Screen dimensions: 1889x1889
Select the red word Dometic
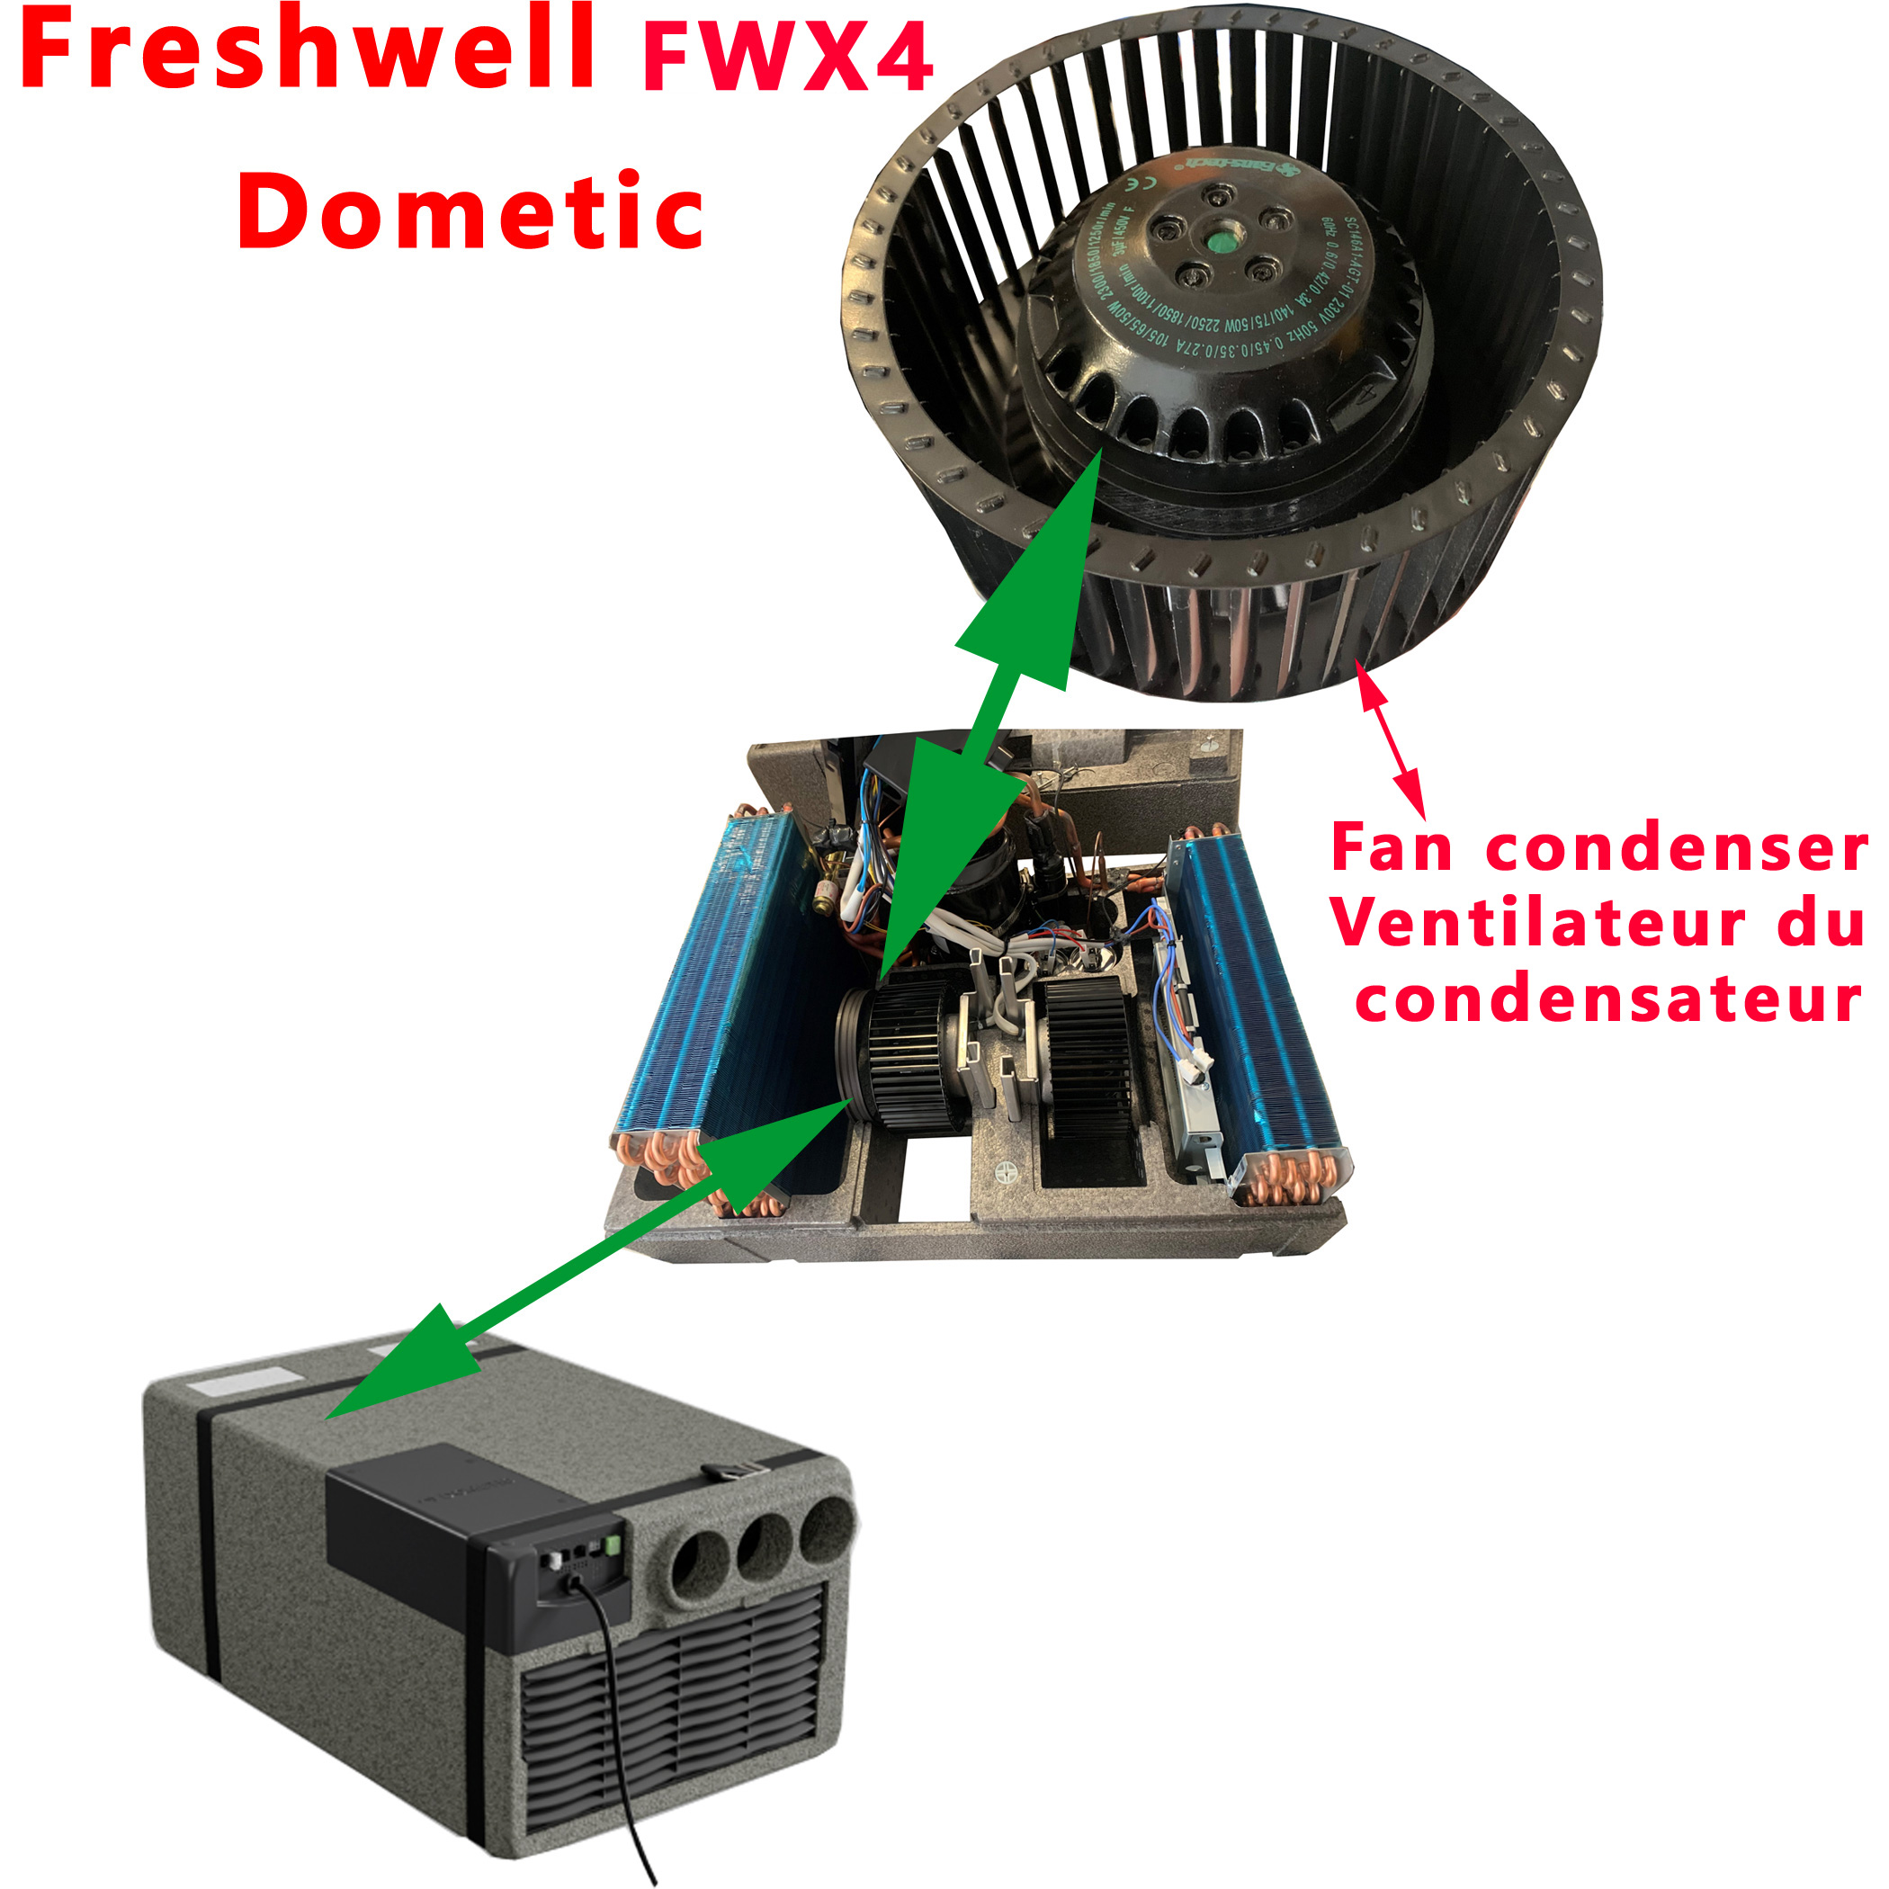coord(470,210)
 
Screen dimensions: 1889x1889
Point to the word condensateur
coord(1608,999)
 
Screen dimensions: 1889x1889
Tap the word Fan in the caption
coord(1392,847)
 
